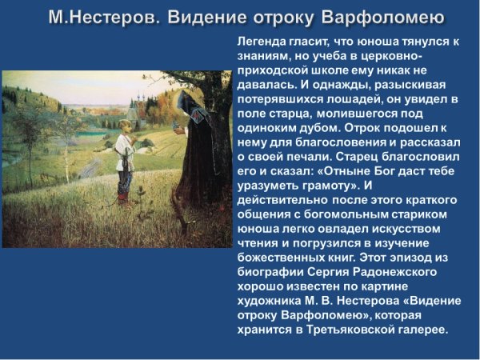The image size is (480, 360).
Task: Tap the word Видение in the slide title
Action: tap(210, 17)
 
